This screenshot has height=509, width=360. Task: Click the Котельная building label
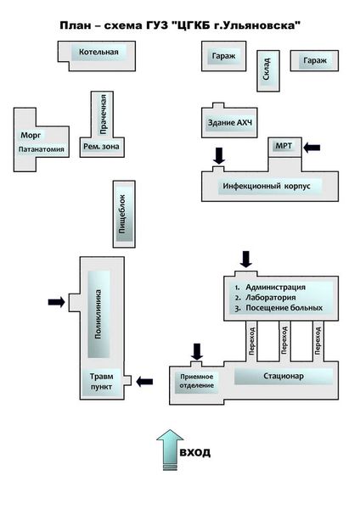(98, 52)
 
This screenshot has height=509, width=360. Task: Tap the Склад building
(268, 70)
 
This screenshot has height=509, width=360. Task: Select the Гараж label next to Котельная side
(223, 56)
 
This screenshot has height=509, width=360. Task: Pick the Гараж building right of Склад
(314, 61)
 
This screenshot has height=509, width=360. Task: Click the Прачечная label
(103, 115)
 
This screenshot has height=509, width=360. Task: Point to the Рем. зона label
(101, 147)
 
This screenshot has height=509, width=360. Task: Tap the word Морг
(31, 135)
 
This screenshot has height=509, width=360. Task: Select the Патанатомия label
(42, 149)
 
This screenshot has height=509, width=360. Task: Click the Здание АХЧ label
(230, 123)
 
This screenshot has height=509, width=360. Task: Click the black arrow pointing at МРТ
(312, 148)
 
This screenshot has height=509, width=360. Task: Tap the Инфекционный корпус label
(267, 187)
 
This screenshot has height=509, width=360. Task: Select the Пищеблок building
(124, 214)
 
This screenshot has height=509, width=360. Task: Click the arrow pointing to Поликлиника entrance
(57, 302)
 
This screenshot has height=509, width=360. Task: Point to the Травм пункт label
(101, 382)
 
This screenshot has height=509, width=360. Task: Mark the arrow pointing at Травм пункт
(144, 382)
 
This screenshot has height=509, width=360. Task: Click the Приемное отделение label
(197, 381)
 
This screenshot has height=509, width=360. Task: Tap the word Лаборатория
(271, 298)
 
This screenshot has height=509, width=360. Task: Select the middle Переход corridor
(285, 341)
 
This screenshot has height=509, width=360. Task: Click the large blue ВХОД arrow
(170, 450)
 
